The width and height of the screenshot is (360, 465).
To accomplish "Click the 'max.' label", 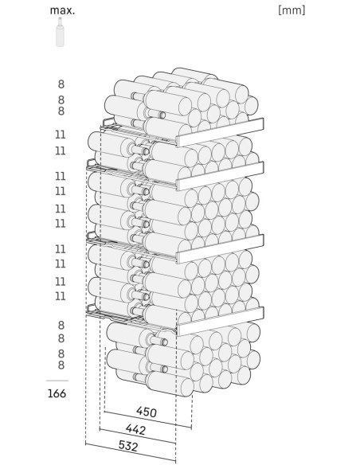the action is click(62, 10).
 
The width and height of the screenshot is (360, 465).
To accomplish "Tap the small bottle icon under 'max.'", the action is click(61, 32).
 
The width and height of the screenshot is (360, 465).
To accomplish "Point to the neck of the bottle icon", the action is click(61, 21).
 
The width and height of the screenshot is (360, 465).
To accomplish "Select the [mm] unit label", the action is click(292, 10).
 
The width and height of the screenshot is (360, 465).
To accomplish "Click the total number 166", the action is click(57, 393).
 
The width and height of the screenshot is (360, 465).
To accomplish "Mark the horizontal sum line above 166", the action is click(57, 381).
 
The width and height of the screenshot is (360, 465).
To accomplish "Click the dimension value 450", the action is click(147, 412).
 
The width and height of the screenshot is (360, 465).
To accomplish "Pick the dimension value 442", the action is click(136, 429).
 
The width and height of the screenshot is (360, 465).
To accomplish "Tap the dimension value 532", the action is click(128, 446).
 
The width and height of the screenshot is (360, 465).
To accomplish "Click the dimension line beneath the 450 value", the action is click(147, 420).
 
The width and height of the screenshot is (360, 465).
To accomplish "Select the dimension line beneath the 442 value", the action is click(138, 436).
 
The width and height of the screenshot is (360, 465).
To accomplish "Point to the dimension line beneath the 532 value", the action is click(131, 452).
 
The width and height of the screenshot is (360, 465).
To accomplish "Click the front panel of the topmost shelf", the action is click(221, 132).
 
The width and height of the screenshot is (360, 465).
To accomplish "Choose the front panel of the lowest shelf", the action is click(221, 321).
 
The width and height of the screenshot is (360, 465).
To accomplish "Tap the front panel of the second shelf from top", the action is click(221, 176).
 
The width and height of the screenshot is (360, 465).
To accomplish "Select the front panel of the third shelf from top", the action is click(221, 248).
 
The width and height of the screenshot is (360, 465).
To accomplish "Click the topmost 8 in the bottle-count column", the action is click(61, 84).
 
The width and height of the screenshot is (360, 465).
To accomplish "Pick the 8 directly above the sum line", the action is click(61, 365).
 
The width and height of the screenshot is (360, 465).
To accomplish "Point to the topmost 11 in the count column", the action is click(61, 135).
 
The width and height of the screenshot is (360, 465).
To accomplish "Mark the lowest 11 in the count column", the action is click(61, 296).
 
